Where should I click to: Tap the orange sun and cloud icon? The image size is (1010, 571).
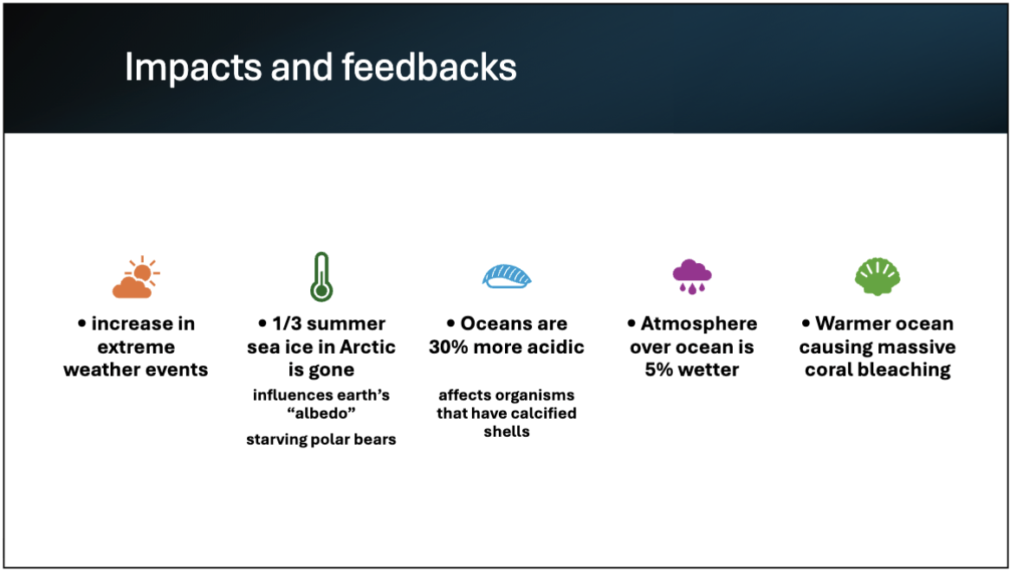pos(136,278)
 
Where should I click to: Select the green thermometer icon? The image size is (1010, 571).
pos(321,277)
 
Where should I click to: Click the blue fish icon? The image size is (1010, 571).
pos(507,276)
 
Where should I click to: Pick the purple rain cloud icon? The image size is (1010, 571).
pos(691,274)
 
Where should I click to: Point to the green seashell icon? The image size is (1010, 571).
pos(877,276)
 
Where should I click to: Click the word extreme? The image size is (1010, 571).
pos(136,347)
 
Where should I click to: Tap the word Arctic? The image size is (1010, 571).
pos(363,347)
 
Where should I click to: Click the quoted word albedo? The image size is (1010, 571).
pos(321,414)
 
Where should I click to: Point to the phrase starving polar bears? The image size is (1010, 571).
pos(321,439)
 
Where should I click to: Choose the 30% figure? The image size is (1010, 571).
pos(451,347)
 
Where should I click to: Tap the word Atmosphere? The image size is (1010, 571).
pos(698,324)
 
